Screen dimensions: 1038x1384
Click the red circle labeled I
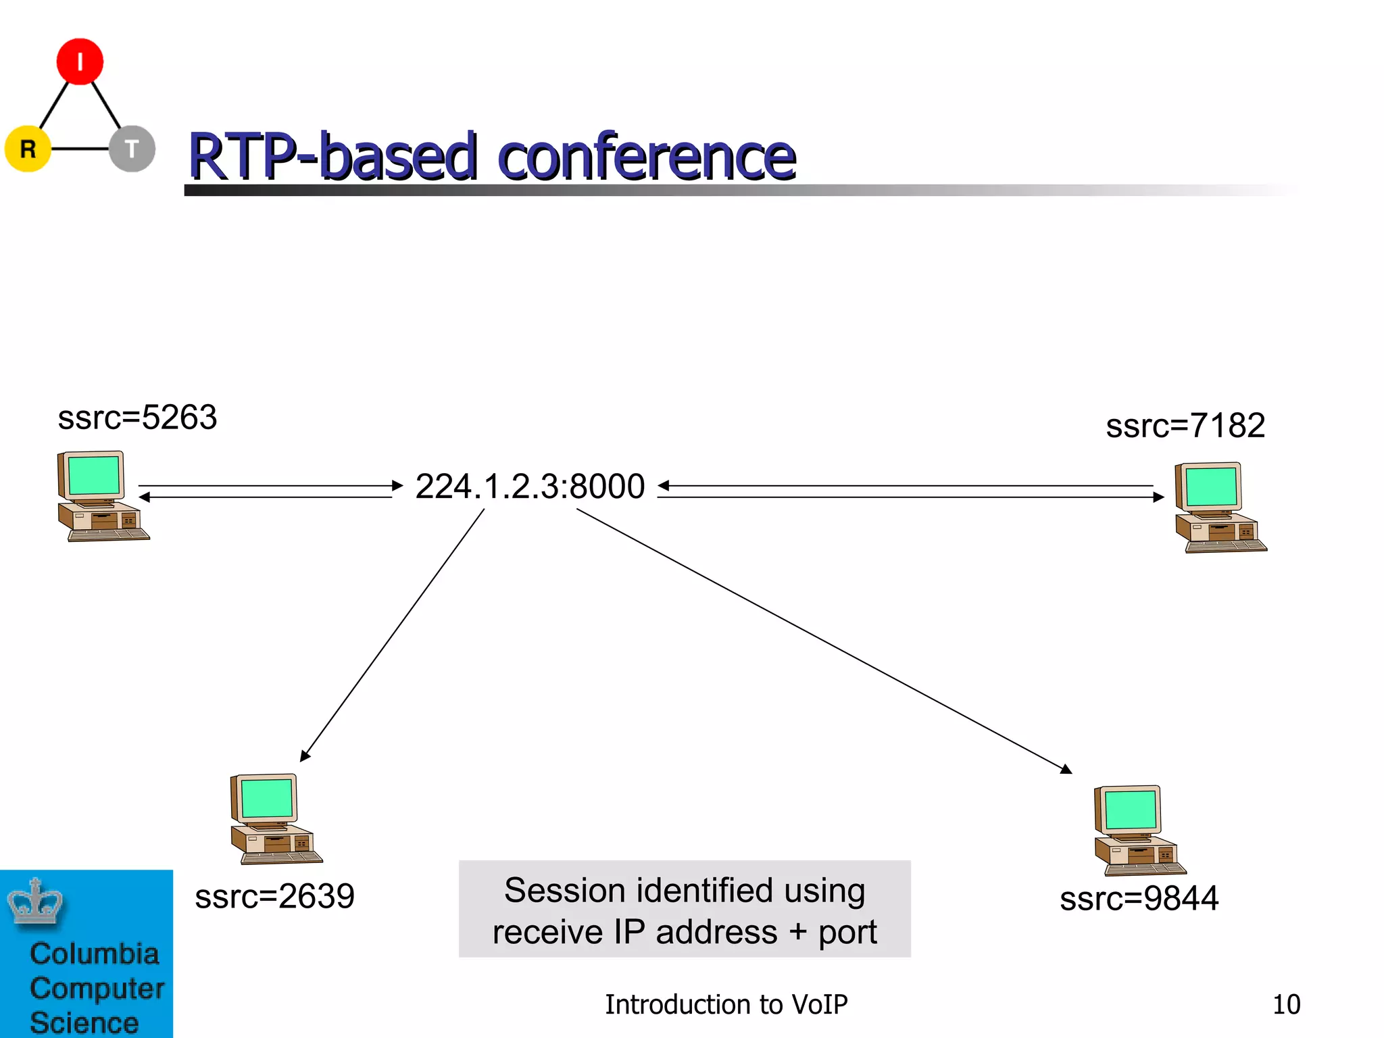point(80,61)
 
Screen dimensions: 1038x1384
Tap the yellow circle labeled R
point(28,149)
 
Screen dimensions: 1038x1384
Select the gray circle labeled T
point(132,149)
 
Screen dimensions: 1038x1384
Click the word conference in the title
point(647,157)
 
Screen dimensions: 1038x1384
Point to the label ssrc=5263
point(137,417)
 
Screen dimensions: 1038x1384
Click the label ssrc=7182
point(1185,426)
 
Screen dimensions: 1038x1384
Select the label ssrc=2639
point(274,897)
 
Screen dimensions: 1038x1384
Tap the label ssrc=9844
point(1139,899)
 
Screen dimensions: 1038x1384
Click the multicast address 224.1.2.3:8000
point(530,487)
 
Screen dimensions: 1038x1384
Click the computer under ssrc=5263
point(101,497)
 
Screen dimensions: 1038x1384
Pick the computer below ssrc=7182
point(1219,508)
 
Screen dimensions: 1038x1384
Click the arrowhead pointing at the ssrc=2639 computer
point(305,756)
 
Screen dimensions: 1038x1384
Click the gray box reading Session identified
point(685,910)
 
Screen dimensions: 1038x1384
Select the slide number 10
point(1286,1004)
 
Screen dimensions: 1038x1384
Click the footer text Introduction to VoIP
point(726,1004)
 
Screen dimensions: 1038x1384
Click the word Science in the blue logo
point(84,1022)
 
